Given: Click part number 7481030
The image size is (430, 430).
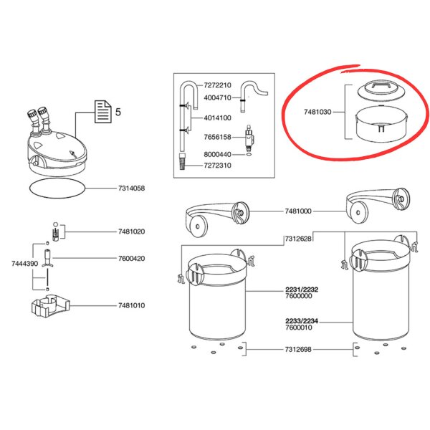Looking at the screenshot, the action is (x=317, y=112).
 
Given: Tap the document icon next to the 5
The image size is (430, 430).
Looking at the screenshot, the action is (x=103, y=112).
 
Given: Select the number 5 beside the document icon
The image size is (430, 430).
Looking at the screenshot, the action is (x=118, y=112).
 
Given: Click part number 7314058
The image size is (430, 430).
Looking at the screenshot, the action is (x=131, y=188).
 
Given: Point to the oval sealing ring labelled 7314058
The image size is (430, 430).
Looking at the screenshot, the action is (x=57, y=178).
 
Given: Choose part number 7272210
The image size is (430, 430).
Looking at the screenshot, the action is (x=217, y=85).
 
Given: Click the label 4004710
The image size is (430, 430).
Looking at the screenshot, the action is (x=217, y=97).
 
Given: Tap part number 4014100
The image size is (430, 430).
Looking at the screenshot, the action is (x=217, y=118).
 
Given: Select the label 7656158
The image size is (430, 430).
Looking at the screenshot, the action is (x=217, y=137).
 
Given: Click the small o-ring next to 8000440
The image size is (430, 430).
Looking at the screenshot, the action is (x=249, y=155).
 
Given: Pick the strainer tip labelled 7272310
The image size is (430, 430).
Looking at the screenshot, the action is (x=182, y=162).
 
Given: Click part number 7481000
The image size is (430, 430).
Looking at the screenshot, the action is (x=298, y=211).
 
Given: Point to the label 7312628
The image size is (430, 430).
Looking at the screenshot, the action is (x=298, y=239).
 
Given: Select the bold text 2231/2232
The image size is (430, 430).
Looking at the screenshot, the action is (x=302, y=290).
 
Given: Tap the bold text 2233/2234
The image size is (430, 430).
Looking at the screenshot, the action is (x=302, y=321).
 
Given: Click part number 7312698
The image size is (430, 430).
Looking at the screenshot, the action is (x=298, y=350).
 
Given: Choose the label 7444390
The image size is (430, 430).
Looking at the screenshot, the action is (x=24, y=264).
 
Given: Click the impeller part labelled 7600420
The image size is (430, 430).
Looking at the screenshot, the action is (x=47, y=258).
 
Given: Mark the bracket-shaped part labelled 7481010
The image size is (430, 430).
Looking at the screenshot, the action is (x=50, y=306).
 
